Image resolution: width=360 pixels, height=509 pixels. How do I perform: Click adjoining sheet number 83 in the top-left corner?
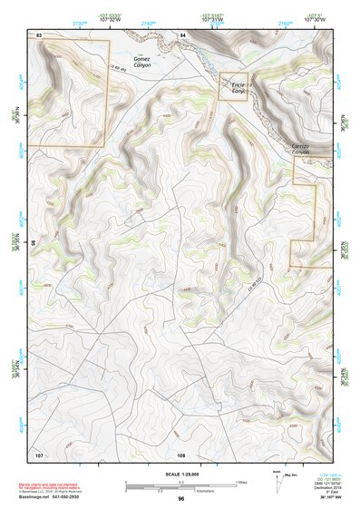point(39,34)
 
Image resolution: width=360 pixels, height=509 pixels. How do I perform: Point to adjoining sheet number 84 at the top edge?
point(182,34)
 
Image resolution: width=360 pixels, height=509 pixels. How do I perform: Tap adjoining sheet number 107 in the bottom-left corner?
point(39,453)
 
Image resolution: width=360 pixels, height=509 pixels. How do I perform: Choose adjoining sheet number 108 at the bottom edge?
point(181,454)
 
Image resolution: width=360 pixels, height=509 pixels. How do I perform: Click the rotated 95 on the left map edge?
point(33,243)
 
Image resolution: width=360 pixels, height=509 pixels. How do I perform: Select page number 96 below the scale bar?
point(180,499)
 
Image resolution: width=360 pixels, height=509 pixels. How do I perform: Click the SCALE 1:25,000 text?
point(180,475)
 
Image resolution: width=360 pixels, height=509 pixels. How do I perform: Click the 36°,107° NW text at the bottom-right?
point(323,498)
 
